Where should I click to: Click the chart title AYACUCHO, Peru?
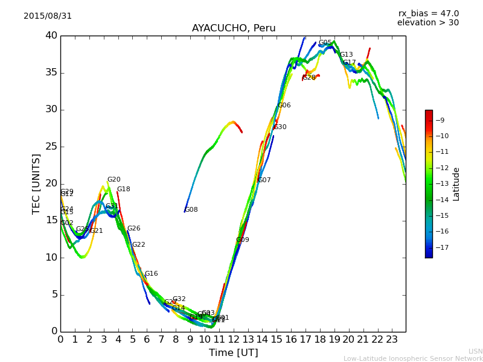pyautogui.click(x=234, y=28)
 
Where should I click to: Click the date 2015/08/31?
pyautogui.click(x=48, y=16)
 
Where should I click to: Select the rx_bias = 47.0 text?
pyautogui.click(x=428, y=14)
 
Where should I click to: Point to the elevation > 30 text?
pyautogui.click(x=428, y=23)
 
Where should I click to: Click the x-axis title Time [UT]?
pyautogui.click(x=234, y=353)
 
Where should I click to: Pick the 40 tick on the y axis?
pyautogui.click(x=51, y=36)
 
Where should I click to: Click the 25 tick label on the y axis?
pyautogui.click(x=51, y=147)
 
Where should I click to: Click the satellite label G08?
pyautogui.click(x=191, y=210)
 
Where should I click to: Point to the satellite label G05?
pyautogui.click(x=325, y=43)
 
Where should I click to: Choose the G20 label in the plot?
pyautogui.click(x=114, y=180)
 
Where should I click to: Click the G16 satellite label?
pyautogui.click(x=151, y=274)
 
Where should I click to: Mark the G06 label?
pyautogui.click(x=284, y=106)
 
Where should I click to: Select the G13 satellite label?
pyautogui.click(x=347, y=55)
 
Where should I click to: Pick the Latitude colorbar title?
pyautogui.click(x=456, y=184)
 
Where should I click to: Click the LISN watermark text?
pyautogui.click(x=476, y=351)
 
